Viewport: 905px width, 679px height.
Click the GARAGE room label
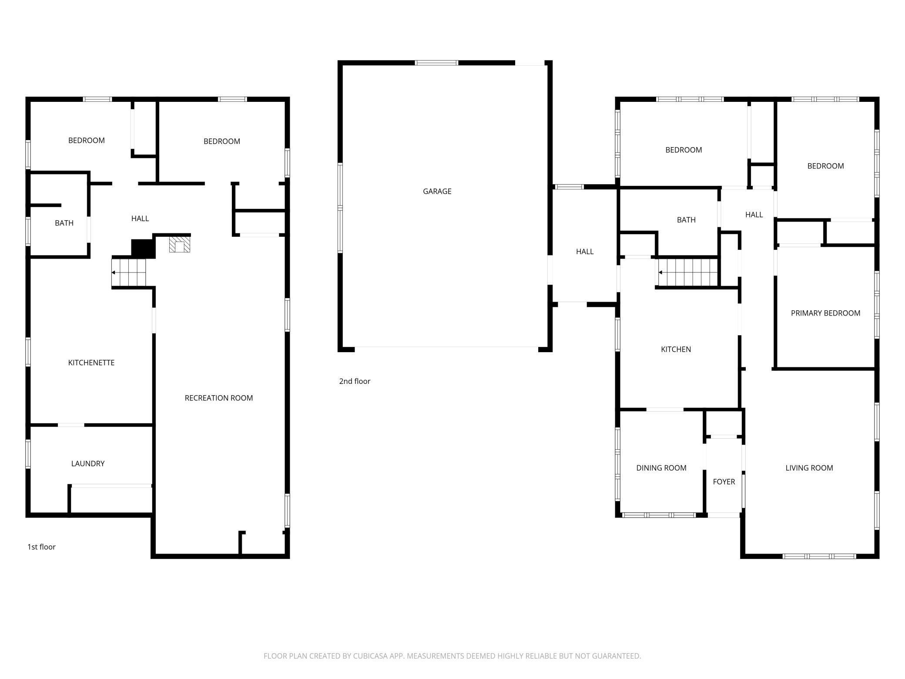point(437,191)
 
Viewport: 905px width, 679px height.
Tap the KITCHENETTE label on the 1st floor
point(91,363)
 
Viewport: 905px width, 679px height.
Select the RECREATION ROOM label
point(218,398)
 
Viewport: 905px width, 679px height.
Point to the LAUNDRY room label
point(88,464)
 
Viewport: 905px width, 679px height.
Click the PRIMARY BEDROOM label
point(825,313)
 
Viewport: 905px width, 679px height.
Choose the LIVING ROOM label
point(809,468)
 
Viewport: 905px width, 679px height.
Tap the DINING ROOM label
point(661,468)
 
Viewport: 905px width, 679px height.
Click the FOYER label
point(724,482)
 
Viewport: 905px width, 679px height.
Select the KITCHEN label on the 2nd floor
point(676,349)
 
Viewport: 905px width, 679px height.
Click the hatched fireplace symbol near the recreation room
point(180,245)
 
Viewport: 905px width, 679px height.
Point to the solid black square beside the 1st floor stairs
point(143,249)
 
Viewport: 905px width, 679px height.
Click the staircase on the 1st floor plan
point(129,273)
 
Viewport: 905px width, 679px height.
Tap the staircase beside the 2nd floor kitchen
point(687,272)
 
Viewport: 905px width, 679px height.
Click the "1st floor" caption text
point(41,547)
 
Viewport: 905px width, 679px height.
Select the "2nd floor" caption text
point(355,381)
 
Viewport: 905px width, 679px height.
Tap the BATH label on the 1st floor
point(64,223)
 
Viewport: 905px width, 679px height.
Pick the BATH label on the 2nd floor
point(686,220)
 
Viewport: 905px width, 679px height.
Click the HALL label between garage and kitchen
point(585,252)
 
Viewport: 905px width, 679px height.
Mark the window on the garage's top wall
point(436,63)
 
